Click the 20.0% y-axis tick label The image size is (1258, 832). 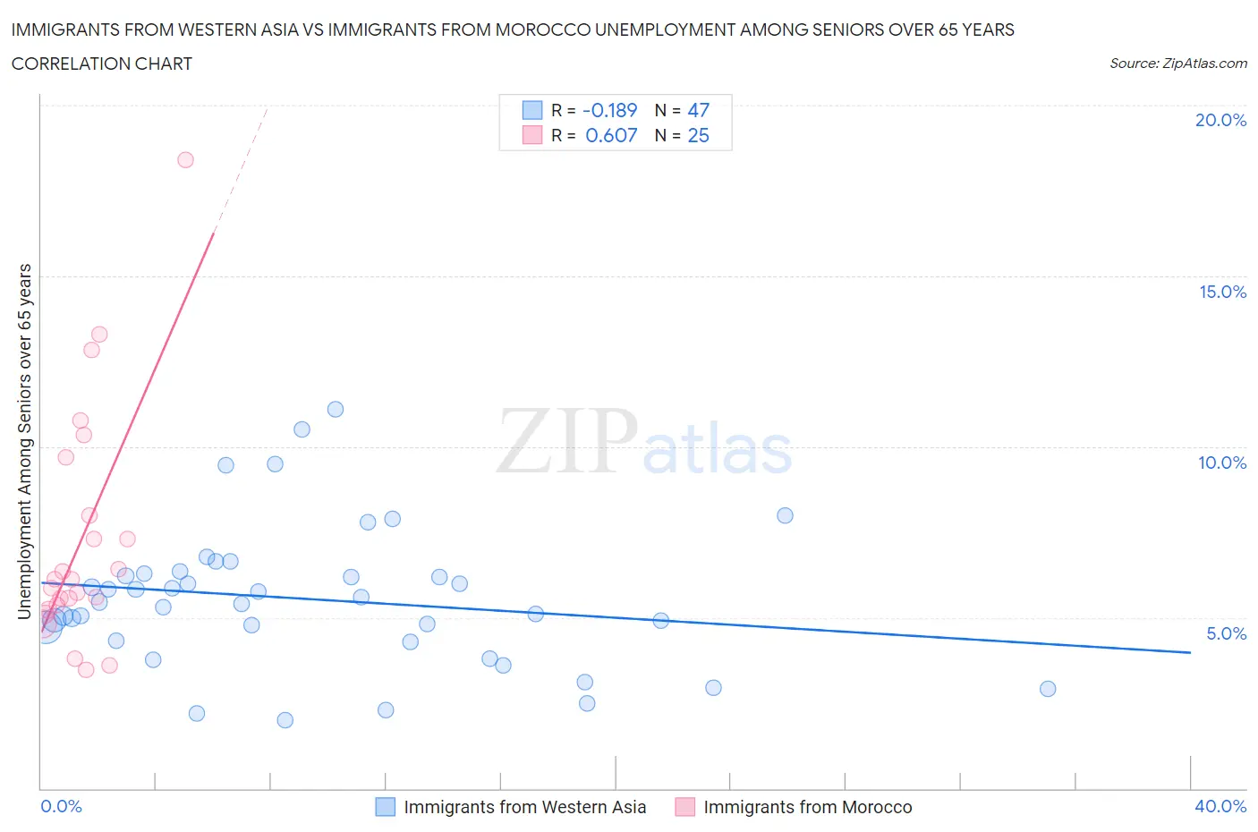click(x=1220, y=120)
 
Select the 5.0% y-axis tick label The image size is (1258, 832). click(x=1226, y=633)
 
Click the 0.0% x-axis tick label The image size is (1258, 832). click(x=61, y=806)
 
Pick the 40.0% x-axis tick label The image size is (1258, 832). click(x=1220, y=806)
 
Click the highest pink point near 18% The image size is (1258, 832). click(x=185, y=160)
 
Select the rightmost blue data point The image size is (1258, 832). click(x=1048, y=689)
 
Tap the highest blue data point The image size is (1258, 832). click(x=336, y=410)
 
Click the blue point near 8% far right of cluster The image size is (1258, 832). click(x=785, y=515)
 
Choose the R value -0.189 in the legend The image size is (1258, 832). click(x=609, y=110)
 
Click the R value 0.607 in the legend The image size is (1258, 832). click(x=611, y=135)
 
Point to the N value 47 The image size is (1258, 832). click(x=698, y=110)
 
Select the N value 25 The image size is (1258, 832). click(x=698, y=135)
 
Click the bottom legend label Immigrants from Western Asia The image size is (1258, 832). click(x=524, y=807)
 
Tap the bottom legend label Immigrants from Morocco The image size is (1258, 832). click(x=807, y=807)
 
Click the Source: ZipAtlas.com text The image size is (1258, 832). click(x=1177, y=63)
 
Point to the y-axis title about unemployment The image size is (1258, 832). click(x=25, y=441)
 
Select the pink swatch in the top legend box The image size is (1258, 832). click(x=532, y=135)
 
